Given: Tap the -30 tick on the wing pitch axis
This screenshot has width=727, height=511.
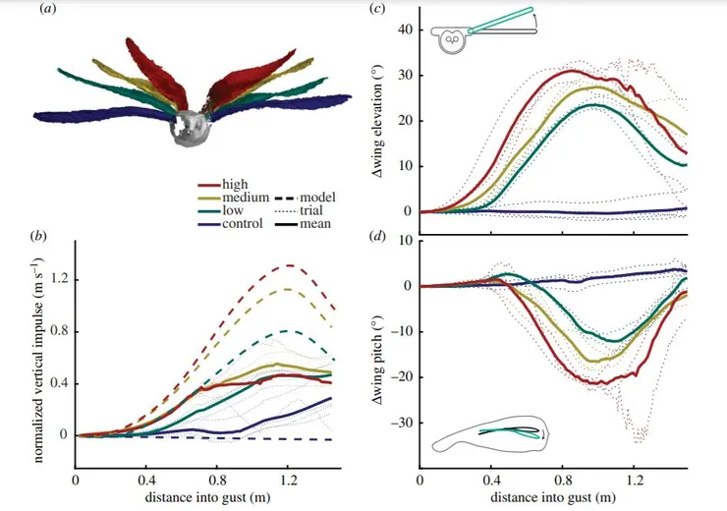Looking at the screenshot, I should (x=398, y=423).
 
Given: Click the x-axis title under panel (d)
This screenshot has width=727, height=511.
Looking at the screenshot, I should (x=552, y=498).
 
